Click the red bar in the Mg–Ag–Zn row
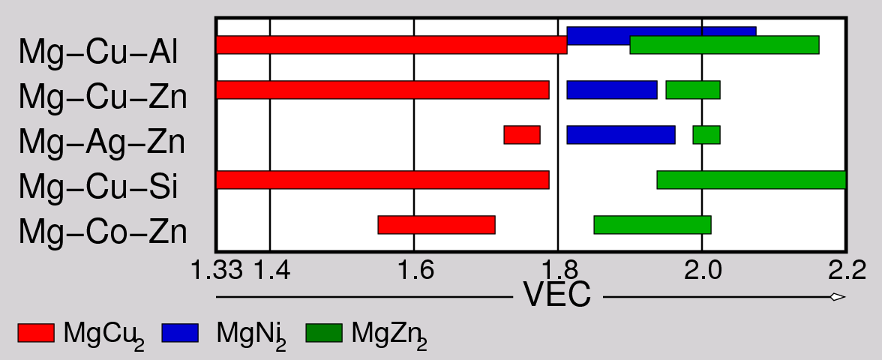(x=522, y=135)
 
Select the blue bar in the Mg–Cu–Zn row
(x=612, y=89)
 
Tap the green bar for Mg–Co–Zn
(x=652, y=225)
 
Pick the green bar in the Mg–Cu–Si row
(x=751, y=180)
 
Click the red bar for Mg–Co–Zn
(x=436, y=225)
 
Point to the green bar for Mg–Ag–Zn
(x=706, y=135)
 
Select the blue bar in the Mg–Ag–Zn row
(x=621, y=135)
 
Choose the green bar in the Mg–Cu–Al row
(x=724, y=45)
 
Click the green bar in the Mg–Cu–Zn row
(x=693, y=89)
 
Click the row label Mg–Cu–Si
(x=97, y=187)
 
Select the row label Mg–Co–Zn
(x=102, y=232)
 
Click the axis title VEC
(x=557, y=296)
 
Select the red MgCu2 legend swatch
(x=36, y=332)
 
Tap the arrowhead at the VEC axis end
(x=838, y=297)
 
